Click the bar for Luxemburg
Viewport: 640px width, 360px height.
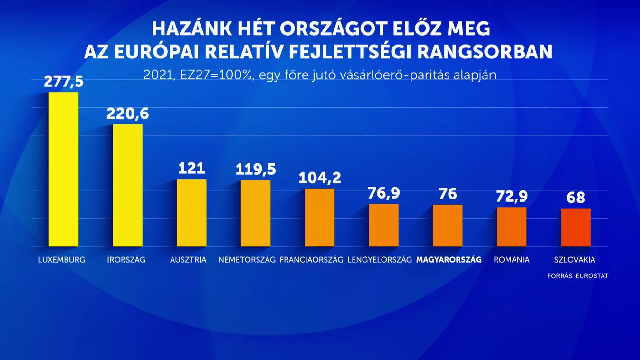(64, 169)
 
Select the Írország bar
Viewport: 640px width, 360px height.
(127, 185)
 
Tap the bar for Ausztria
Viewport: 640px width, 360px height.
(191, 213)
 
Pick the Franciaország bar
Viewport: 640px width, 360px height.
(319, 218)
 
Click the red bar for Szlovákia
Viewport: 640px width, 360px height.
(575, 227)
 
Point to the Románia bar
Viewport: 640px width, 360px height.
(512, 227)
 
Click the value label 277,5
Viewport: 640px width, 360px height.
(64, 81)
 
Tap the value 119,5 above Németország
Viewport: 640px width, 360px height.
(256, 169)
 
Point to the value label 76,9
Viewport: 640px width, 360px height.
(383, 193)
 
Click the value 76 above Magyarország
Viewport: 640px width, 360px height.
(448, 194)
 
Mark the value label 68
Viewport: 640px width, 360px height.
(575, 198)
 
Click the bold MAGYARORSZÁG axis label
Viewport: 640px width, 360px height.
(449, 260)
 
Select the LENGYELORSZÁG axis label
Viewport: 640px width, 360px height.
(380, 260)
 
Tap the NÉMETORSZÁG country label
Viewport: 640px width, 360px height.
(247, 260)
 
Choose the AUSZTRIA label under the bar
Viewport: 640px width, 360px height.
(188, 260)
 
